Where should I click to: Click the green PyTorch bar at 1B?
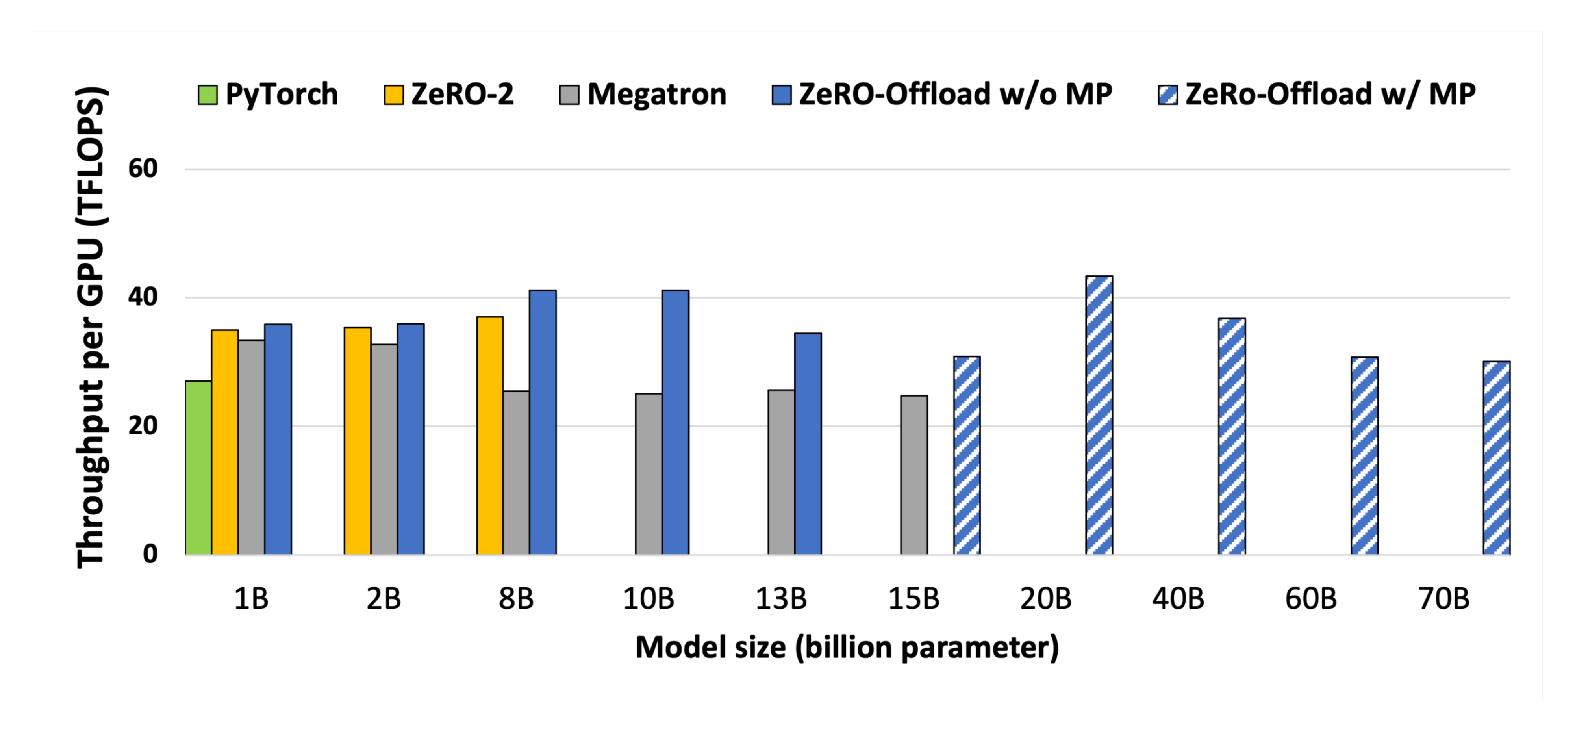[x=198, y=468]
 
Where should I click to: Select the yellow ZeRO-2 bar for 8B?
[x=490, y=435]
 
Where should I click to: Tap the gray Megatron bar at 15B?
[x=913, y=475]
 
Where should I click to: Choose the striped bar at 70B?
[x=1496, y=458]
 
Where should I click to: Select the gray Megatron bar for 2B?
[x=384, y=449]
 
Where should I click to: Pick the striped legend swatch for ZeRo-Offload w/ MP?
[x=1167, y=95]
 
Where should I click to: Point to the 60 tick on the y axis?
[x=143, y=169]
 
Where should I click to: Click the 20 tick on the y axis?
[x=143, y=425]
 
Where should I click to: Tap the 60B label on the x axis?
[x=1310, y=599]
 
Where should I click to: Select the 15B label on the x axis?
[x=913, y=599]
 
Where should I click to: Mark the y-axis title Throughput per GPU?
[x=91, y=327]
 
